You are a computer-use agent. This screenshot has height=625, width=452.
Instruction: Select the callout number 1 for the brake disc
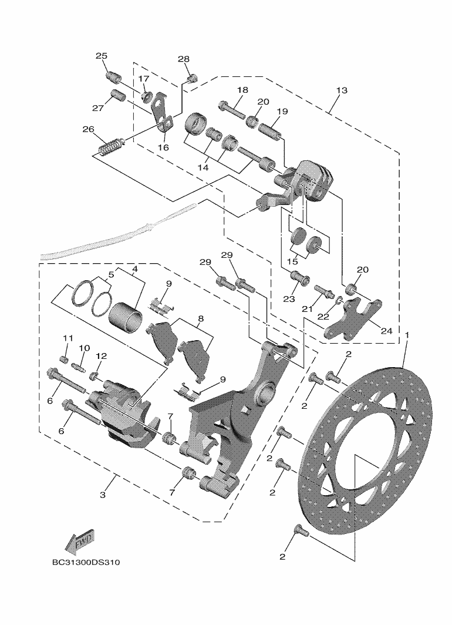click(407, 334)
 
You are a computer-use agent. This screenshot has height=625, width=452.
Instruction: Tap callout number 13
click(342, 90)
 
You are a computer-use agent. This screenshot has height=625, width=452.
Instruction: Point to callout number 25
click(102, 56)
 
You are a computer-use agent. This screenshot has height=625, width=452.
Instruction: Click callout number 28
click(184, 59)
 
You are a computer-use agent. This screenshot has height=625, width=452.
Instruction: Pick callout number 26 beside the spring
click(88, 129)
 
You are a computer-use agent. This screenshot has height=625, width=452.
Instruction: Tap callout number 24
click(386, 331)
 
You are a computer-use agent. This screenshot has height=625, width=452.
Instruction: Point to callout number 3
click(103, 495)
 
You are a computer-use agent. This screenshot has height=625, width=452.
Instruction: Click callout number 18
click(242, 90)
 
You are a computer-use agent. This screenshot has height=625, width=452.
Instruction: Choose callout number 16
click(163, 147)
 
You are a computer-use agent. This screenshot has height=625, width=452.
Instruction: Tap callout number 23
click(288, 299)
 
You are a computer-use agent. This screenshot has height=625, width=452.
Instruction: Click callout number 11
click(68, 338)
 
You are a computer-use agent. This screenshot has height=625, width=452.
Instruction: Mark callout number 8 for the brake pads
click(200, 319)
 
